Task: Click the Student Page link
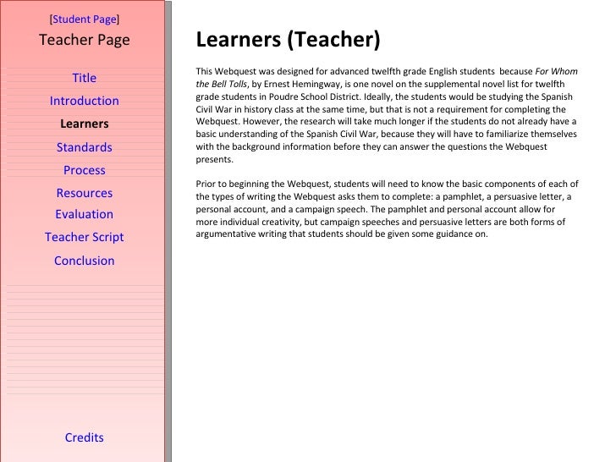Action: (85, 18)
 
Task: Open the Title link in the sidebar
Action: (85, 79)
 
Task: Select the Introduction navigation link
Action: (85, 102)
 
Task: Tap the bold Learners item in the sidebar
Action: (85, 124)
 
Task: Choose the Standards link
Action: (85, 147)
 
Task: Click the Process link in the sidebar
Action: (85, 170)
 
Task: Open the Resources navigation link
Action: (85, 193)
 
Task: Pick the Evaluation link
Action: (85, 215)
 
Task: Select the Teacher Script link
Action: (85, 238)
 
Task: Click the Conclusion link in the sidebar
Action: (85, 261)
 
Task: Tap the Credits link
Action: (85, 437)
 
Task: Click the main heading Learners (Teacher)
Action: (288, 40)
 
